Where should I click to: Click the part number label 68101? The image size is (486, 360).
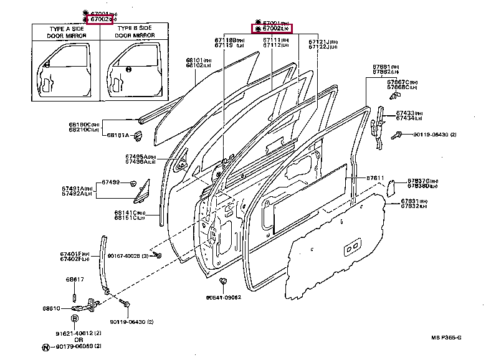click(x=194, y=60)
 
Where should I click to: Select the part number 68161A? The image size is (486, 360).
click(x=117, y=135)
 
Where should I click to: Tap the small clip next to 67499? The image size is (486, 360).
click(x=133, y=182)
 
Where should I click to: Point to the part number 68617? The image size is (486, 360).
click(x=75, y=279)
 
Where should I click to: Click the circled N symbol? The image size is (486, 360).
click(x=45, y=346)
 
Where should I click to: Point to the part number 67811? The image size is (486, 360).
click(x=375, y=178)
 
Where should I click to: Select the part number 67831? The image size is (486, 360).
click(x=409, y=201)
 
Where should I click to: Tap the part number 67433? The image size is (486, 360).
click(x=405, y=113)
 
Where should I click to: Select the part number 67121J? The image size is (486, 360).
click(x=319, y=41)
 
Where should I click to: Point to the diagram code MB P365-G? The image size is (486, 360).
click(x=445, y=338)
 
